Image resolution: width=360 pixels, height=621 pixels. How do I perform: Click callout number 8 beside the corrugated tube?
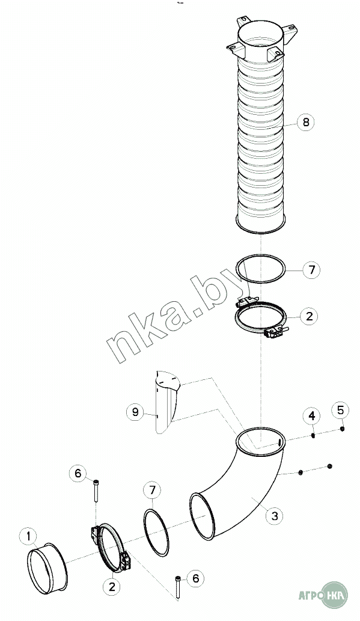(x=305, y=122)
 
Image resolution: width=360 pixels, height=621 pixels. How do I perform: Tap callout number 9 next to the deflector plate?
(x=135, y=412)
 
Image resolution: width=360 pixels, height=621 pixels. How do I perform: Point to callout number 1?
(x=28, y=537)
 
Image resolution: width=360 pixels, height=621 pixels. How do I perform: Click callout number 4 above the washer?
(x=312, y=416)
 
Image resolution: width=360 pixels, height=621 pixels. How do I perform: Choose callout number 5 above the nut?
(x=341, y=410)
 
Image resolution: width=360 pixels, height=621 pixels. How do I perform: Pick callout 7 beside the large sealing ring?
(x=311, y=270)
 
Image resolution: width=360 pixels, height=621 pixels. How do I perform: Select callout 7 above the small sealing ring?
(x=153, y=490)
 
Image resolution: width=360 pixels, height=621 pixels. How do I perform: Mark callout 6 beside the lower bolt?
(x=196, y=578)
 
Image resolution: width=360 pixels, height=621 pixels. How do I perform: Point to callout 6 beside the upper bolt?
(x=78, y=473)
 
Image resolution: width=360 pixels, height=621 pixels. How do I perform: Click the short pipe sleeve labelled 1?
(x=47, y=568)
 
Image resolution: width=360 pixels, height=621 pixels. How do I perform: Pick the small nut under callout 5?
(x=342, y=429)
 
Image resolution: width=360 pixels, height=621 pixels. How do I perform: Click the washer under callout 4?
(x=313, y=436)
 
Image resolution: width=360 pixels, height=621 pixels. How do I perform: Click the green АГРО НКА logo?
(x=322, y=595)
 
